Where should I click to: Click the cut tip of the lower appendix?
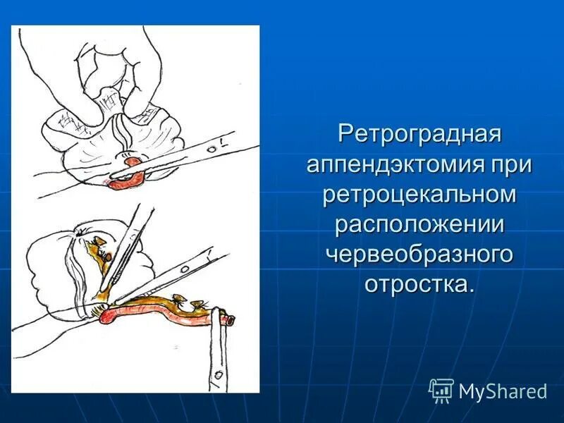coord(228,321)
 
